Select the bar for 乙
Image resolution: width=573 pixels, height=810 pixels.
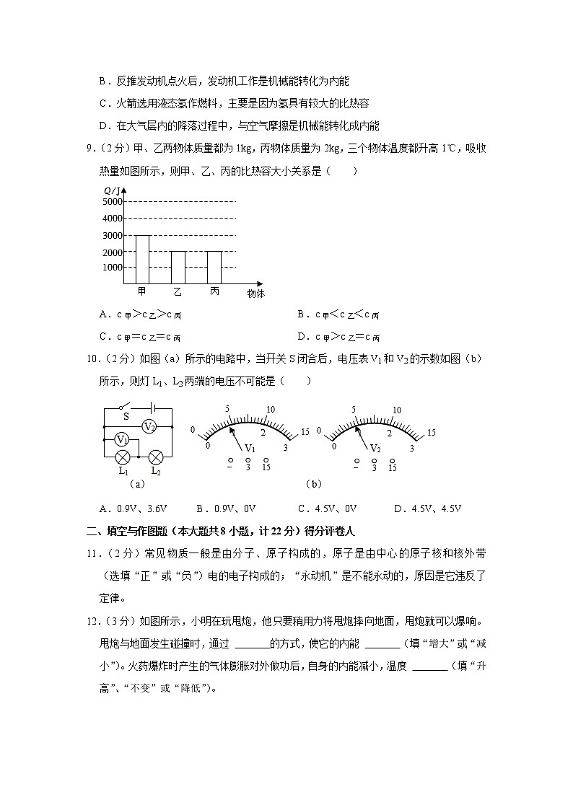[178, 268]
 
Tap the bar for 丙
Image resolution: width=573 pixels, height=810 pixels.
[214, 268]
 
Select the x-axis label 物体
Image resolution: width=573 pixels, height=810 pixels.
[255, 294]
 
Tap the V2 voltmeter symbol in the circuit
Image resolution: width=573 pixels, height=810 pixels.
[149, 426]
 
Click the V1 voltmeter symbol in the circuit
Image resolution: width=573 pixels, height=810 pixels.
[123, 440]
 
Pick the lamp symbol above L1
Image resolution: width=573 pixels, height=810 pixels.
[123, 457]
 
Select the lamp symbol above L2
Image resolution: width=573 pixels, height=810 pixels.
[155, 457]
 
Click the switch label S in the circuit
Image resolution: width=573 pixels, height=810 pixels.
[126, 416]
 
